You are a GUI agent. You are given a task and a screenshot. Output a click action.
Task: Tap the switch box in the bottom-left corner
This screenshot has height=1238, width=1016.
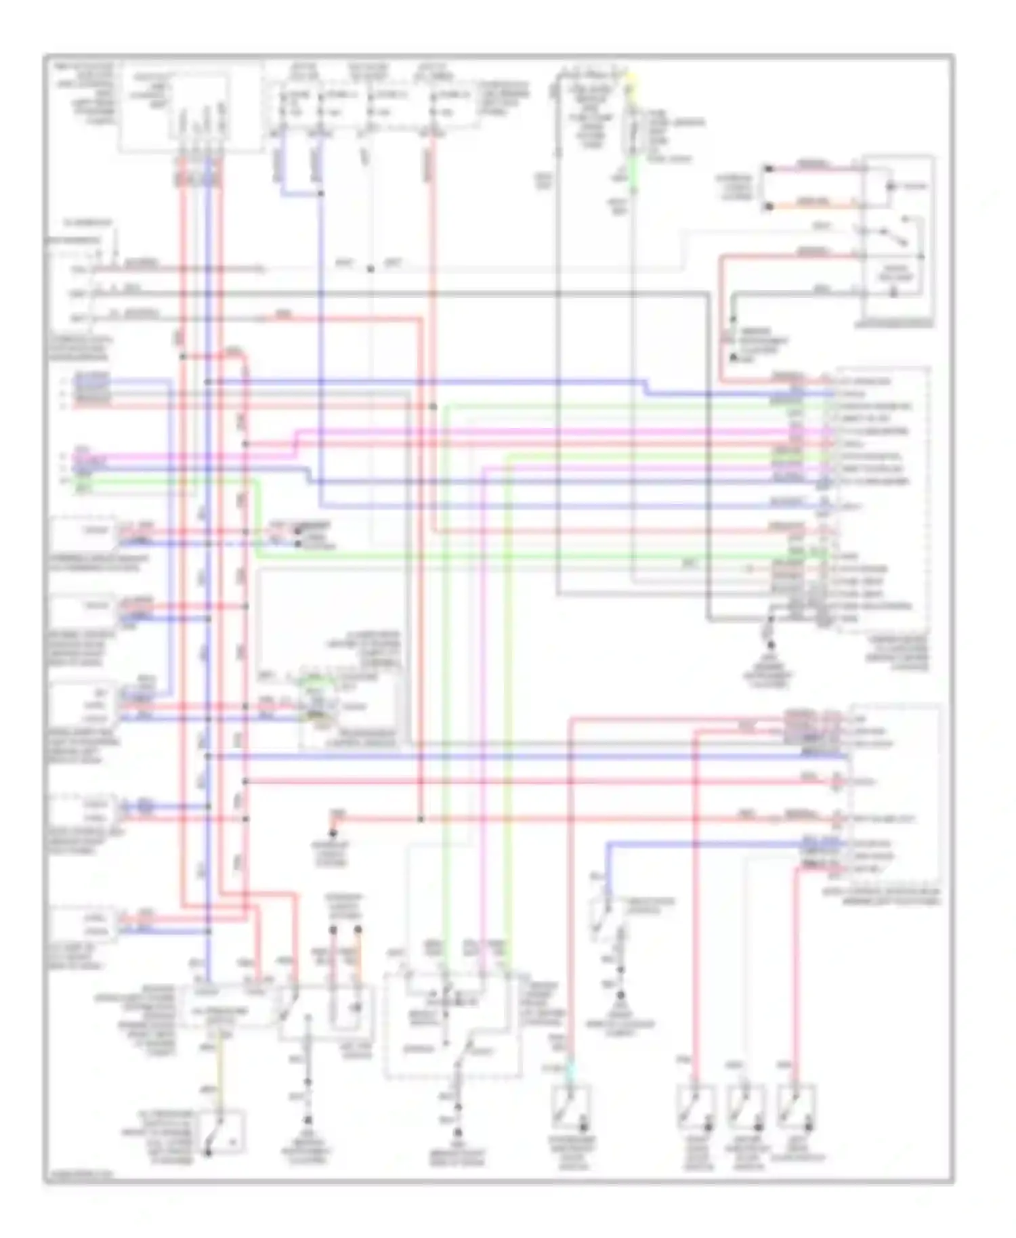[218, 1132]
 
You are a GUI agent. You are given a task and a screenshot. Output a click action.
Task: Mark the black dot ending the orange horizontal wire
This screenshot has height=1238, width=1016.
[768, 207]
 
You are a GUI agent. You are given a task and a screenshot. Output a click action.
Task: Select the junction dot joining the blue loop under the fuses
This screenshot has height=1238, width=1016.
[320, 194]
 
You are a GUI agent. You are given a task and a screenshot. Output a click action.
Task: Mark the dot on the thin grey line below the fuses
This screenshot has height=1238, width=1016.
[371, 269]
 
